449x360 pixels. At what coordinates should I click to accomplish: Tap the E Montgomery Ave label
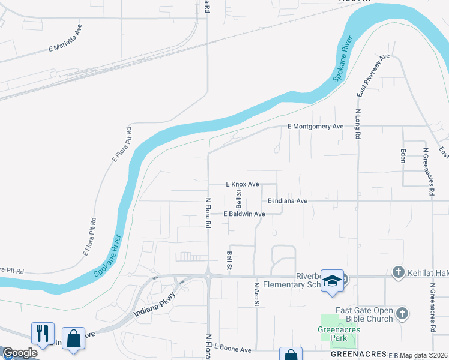[315, 127]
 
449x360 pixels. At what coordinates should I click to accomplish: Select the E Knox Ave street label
[242, 184]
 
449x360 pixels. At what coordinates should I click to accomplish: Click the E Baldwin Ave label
[244, 214]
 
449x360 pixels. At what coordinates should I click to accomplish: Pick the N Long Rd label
[358, 124]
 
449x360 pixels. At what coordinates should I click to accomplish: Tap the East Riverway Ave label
[373, 75]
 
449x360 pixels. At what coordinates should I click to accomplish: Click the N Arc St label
[256, 295]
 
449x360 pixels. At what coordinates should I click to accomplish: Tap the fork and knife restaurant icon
[43, 334]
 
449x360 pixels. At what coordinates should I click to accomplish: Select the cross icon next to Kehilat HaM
[397, 272]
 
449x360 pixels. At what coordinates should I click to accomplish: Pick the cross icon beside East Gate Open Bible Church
[402, 313]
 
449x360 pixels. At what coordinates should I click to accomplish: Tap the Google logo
[20, 353]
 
